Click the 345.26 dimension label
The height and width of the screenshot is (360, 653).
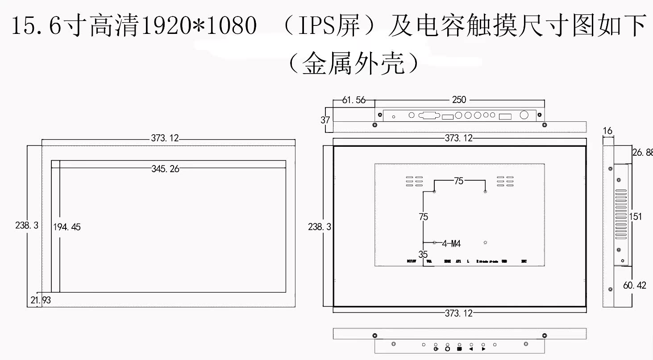pos(165,169)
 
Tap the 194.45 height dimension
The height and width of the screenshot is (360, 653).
pos(67,227)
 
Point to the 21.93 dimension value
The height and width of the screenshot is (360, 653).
pos(41,300)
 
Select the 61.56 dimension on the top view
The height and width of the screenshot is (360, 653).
pos(354,100)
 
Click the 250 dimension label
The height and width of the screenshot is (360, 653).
pos(459,100)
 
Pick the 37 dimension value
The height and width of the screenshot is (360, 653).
pos(325,120)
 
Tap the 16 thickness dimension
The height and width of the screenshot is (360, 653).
pos(607,131)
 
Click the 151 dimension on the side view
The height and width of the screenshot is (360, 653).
pos(635,216)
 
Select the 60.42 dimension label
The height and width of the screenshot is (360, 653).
pos(634,286)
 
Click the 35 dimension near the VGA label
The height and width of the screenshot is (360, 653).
pos(423,254)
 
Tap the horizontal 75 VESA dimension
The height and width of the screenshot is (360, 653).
pos(459,181)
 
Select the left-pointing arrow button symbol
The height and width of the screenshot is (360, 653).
pos(471,349)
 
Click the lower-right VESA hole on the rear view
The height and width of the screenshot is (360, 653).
pos(485,243)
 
